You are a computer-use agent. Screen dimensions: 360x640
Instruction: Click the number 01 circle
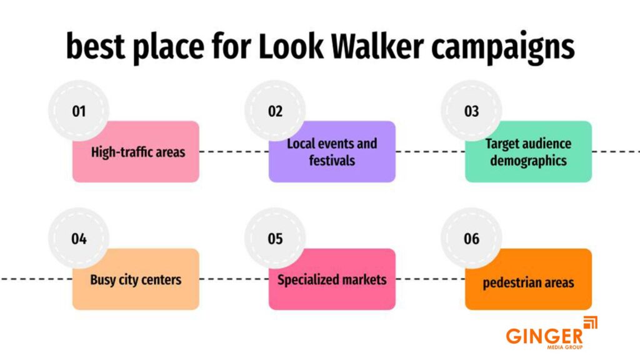(79, 111)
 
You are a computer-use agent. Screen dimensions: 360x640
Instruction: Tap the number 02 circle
(275, 111)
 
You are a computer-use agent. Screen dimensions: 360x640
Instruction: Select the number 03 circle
(471, 111)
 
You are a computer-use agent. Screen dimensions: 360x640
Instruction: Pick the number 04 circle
(79, 239)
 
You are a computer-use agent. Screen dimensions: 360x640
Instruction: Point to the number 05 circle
(275, 239)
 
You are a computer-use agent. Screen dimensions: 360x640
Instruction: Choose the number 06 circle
(471, 239)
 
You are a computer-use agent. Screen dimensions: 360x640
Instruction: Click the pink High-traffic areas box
(137, 156)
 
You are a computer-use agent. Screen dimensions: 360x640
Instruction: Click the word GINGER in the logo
(544, 336)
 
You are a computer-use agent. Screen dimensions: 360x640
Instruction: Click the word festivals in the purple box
(332, 161)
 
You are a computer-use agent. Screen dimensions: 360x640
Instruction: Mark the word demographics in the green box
(528, 161)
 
